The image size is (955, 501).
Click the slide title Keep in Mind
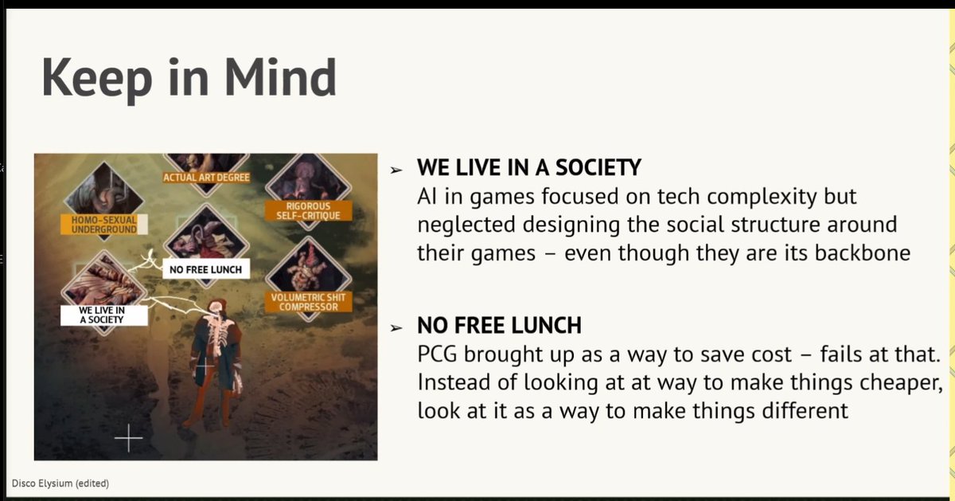pos(189,77)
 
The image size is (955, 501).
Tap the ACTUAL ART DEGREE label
pos(206,177)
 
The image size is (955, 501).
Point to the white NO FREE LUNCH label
pos(205,270)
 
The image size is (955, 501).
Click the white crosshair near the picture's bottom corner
pos(128,437)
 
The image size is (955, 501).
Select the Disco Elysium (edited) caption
pos(60,483)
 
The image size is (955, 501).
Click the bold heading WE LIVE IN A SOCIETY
pos(529,169)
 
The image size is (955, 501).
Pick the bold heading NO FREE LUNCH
pos(499,325)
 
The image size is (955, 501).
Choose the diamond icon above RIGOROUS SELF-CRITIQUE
pos(298,175)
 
